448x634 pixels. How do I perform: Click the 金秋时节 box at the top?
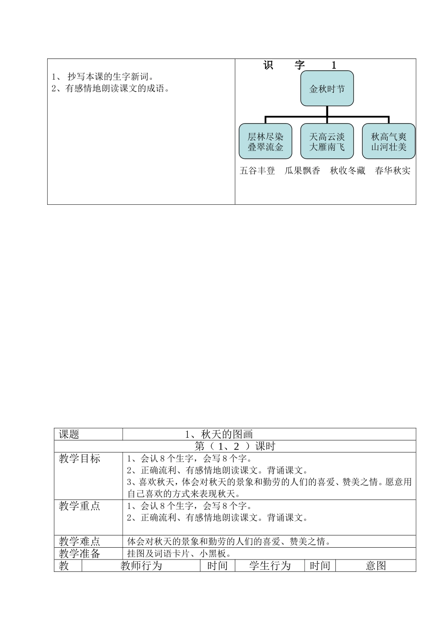327,88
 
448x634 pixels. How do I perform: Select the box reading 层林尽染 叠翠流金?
265,142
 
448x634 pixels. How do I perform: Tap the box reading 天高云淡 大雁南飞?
327,142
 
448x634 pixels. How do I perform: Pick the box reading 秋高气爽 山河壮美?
389,142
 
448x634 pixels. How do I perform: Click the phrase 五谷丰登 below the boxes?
257,171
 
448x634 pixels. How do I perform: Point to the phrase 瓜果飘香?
302,171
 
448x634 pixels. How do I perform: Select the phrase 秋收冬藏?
348,171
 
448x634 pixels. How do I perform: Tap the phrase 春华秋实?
392,171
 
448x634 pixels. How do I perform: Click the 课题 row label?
69,434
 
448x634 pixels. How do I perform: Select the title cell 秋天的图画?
219,434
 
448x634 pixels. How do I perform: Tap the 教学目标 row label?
80,459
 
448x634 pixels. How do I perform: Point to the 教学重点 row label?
80,506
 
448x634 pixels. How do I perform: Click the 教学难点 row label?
80,542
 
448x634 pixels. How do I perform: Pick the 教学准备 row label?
80,554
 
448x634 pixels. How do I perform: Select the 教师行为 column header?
141,566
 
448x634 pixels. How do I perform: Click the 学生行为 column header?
270,566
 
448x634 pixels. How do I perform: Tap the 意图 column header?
376,566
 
